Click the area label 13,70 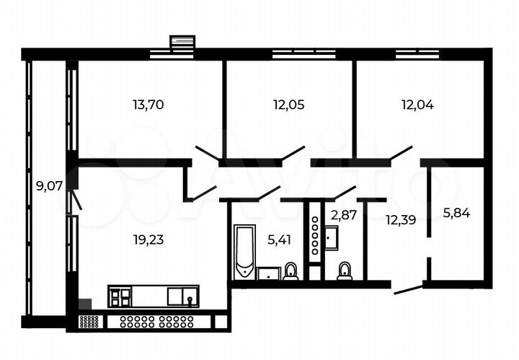point(148,105)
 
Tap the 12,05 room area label point(288,105)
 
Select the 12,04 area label point(417,105)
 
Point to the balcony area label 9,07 point(49,185)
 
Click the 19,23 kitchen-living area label point(148,240)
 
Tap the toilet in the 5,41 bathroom point(290,271)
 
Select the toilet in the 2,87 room point(345,271)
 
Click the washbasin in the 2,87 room point(332,237)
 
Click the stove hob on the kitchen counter point(121,296)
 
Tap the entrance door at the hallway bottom point(407,289)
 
